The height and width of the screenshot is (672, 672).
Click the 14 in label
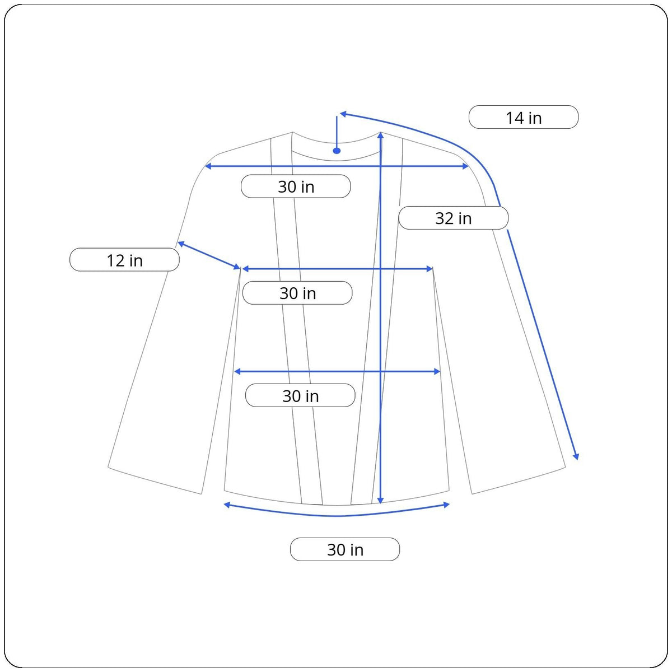click(524, 117)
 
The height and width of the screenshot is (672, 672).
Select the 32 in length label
click(454, 218)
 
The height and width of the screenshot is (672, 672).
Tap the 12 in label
click(124, 260)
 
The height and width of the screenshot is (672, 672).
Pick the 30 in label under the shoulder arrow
click(296, 186)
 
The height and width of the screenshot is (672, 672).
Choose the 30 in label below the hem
click(345, 549)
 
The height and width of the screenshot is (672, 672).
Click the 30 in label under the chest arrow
click(297, 293)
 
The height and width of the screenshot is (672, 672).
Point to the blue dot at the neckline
click(337, 151)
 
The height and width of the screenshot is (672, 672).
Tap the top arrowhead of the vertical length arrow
click(380, 136)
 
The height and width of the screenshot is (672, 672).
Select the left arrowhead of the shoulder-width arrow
click(208, 166)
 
